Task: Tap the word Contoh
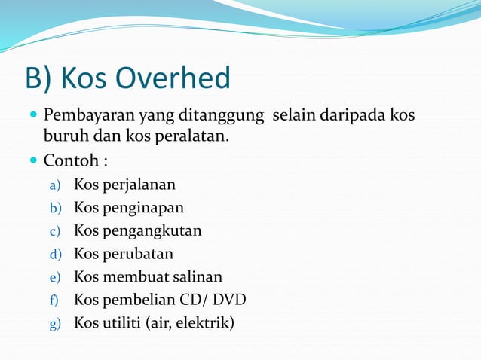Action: pyautogui.click(x=70, y=160)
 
